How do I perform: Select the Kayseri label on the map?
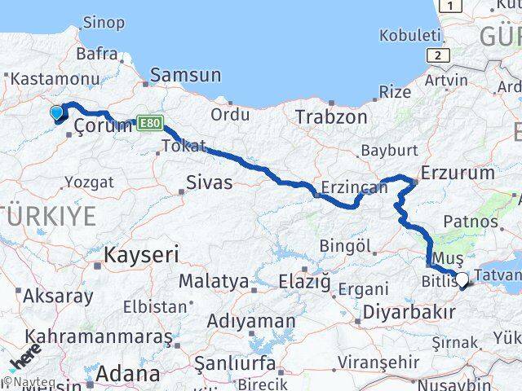click(141, 255)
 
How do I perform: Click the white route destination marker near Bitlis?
click(462, 279)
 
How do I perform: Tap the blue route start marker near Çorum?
click(56, 113)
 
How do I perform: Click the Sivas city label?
click(210, 182)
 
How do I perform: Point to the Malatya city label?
click(214, 282)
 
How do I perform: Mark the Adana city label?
click(128, 374)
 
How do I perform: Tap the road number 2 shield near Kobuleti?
click(439, 55)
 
